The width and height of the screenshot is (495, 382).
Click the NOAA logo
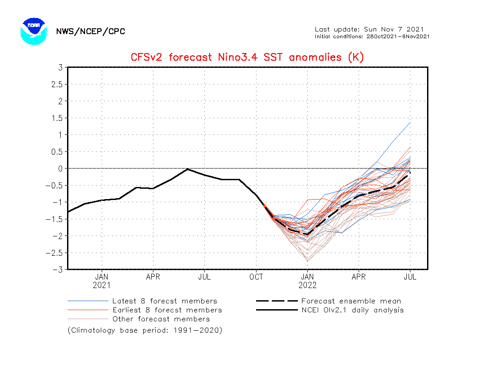[x=33, y=31]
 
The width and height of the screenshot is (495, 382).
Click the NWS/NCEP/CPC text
[x=90, y=31]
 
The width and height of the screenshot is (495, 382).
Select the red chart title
[x=247, y=58]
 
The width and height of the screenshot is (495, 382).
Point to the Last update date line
[x=369, y=29]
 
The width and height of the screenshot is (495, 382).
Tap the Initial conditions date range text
[x=372, y=36]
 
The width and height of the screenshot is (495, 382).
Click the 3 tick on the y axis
[x=59, y=67]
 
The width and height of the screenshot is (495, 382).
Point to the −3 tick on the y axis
[x=58, y=270]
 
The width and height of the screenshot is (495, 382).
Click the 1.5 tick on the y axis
[x=57, y=118]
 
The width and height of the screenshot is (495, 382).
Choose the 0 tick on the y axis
[x=59, y=169]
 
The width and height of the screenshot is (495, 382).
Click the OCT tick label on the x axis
[x=256, y=277]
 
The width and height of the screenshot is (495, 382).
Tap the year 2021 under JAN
[x=102, y=285]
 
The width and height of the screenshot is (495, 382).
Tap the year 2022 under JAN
[x=307, y=285]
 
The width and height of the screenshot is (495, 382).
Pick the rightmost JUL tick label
[x=410, y=277]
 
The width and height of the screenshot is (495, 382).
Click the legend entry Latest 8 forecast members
[x=165, y=301]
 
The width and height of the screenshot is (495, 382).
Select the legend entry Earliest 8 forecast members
[x=167, y=310]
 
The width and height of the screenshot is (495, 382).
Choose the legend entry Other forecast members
[x=161, y=319]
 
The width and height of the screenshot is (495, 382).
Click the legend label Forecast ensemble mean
[x=351, y=301]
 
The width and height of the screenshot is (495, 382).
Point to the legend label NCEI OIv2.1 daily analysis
[x=352, y=310]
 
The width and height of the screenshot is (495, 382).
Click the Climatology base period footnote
[x=145, y=330]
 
